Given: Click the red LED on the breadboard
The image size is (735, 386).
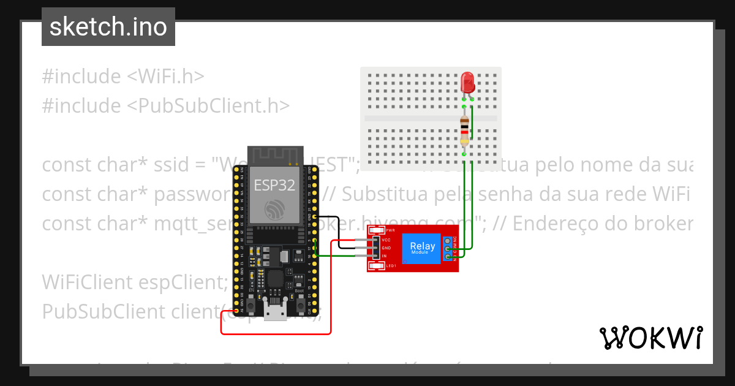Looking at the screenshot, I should click(467, 81).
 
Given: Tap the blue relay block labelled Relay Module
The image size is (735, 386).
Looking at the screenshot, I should click(423, 248).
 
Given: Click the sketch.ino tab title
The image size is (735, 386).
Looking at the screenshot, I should click(108, 28).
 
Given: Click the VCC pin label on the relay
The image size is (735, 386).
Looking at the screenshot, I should click(386, 240).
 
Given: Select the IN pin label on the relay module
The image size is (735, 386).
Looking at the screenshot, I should click(384, 255).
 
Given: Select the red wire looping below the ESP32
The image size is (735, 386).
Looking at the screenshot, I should click(276, 333).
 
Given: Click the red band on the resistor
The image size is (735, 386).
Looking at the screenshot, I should click(465, 132).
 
